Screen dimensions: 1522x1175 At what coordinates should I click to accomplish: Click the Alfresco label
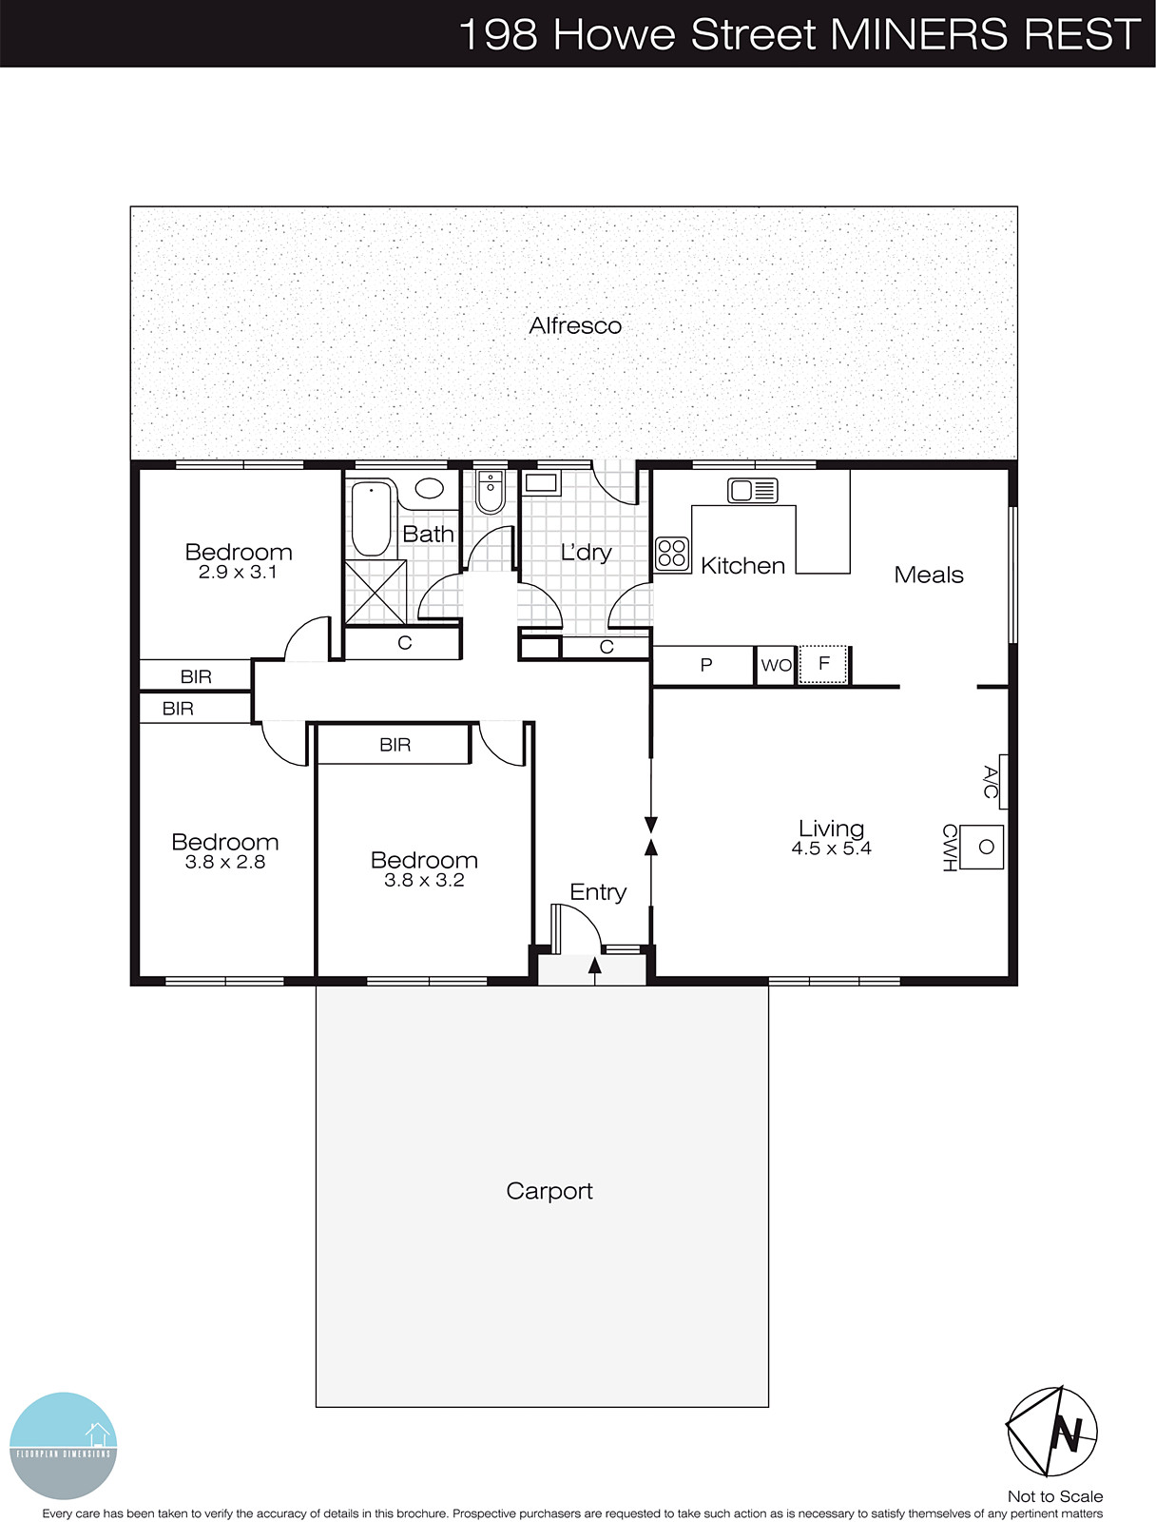575,325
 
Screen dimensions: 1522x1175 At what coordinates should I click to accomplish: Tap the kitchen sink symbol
752,491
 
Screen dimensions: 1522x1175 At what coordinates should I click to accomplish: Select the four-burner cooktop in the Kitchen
672,554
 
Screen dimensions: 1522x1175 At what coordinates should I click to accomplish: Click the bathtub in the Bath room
373,519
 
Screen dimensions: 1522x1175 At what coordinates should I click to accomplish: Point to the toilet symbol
490,491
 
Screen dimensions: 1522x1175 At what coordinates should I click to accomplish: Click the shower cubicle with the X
375,592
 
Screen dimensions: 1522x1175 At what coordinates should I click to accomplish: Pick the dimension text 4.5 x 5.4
831,849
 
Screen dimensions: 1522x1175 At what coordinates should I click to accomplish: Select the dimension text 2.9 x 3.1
238,573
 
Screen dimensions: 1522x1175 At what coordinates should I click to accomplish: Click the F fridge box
823,664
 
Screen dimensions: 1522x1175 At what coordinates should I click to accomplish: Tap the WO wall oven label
776,666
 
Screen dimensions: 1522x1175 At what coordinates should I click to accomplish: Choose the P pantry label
705,665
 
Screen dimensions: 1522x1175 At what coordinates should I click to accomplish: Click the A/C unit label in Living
991,781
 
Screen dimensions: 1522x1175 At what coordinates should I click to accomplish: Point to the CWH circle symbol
986,847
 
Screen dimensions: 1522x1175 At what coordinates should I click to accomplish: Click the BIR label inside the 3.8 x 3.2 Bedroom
395,745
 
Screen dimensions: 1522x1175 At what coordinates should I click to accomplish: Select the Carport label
549,1191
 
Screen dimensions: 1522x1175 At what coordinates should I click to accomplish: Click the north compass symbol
1051,1431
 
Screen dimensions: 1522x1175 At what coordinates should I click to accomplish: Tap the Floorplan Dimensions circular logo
63,1445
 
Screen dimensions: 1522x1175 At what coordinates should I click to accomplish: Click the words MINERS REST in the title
985,34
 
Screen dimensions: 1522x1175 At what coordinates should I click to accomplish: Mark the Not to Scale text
1055,1496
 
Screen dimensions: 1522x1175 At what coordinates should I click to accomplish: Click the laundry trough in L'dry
541,482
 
